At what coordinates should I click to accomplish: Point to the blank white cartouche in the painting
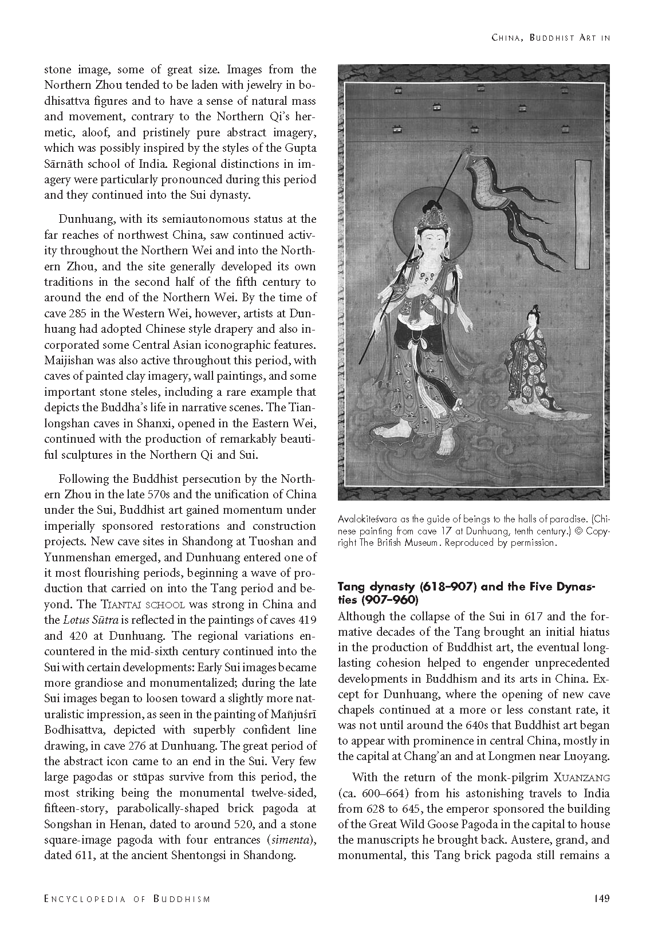582,215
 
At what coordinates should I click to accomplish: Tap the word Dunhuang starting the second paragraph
87,219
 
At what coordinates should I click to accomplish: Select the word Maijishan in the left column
68,360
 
